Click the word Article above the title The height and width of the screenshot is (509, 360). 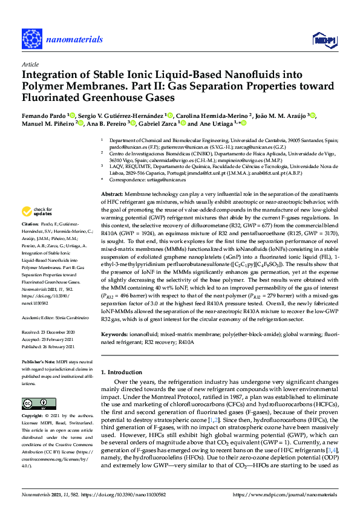pos(30,63)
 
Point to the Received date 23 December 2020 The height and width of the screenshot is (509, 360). pos(57,332)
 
